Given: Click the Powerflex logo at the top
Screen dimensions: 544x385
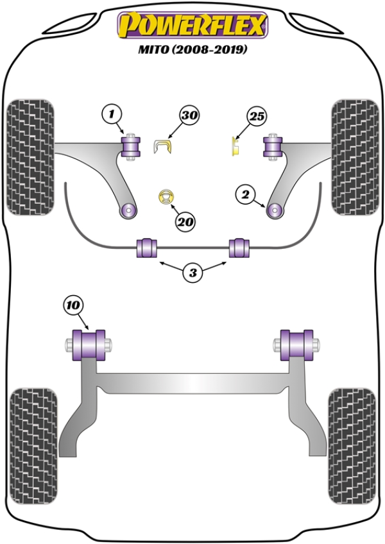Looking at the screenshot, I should [x=191, y=26].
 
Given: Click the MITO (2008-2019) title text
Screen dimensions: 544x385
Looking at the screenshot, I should [x=193, y=49].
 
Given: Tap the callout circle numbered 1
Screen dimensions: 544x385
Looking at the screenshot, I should [x=111, y=115].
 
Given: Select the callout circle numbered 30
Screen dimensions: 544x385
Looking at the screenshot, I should [x=189, y=116].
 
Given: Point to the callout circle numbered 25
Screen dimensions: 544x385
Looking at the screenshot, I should [x=257, y=117].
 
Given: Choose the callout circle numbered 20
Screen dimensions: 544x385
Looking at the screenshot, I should [x=185, y=223].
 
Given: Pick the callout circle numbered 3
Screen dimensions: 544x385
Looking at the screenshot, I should [x=193, y=273].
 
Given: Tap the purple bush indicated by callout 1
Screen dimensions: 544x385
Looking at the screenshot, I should [x=132, y=148].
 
